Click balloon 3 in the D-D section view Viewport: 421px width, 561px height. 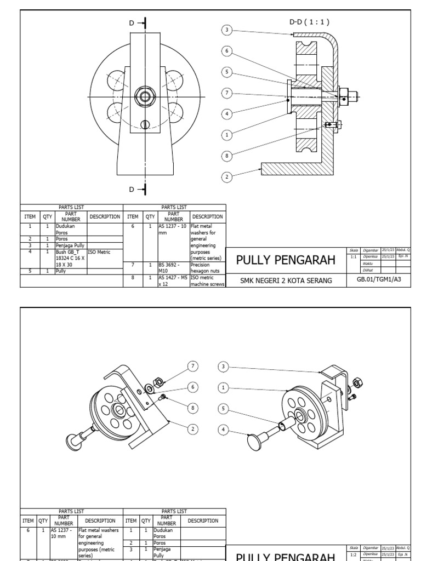coord(226,30)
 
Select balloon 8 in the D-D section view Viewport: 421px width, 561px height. coord(226,156)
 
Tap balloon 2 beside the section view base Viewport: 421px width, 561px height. coord(226,176)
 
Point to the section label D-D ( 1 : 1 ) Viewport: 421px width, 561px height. coord(309,22)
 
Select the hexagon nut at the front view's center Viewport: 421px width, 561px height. coord(145,98)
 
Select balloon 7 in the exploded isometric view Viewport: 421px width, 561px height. coord(192,366)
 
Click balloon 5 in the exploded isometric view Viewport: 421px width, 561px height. coord(223,408)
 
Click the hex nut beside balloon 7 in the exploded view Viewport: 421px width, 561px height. coord(156,381)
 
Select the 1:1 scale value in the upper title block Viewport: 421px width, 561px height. coord(354,256)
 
